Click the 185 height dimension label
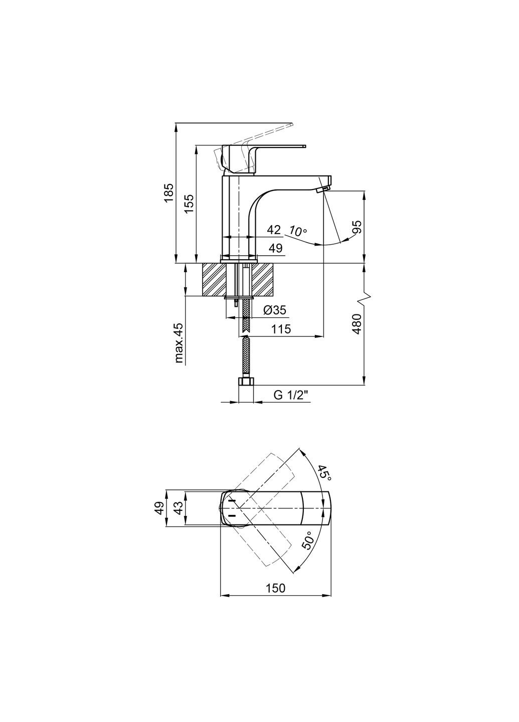[169, 193]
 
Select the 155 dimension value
[189, 204]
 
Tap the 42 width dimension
[273, 230]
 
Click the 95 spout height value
[357, 227]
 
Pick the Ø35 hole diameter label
[274, 310]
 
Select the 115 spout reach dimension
[281, 329]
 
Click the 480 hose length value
[357, 324]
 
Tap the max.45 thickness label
[179, 342]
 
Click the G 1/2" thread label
[290, 395]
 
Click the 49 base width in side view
[275, 248]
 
